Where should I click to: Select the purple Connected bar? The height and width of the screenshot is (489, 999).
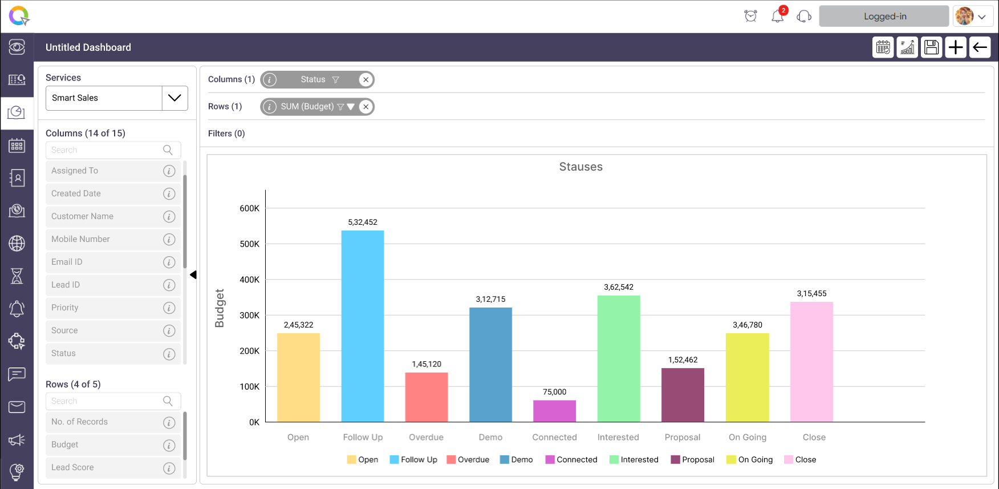[554, 411]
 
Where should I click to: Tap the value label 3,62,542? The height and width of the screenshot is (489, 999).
[619, 287]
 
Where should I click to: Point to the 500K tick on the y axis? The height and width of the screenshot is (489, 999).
[249, 244]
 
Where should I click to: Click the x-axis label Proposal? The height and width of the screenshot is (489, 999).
[682, 437]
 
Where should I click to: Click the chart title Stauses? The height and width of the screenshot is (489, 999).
[580, 167]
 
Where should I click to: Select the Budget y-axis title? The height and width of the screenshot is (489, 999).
[220, 308]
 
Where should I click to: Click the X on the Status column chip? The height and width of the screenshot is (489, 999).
[366, 80]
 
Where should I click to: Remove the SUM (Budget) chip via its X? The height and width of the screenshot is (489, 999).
[366, 107]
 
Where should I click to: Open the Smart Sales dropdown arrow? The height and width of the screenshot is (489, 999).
[174, 98]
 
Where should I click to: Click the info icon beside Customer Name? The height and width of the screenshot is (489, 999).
[169, 217]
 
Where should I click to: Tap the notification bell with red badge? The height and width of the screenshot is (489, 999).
[778, 16]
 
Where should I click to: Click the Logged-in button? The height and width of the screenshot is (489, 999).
[884, 17]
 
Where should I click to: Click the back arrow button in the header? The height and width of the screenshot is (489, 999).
[980, 47]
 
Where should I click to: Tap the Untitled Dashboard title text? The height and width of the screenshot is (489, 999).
[88, 47]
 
